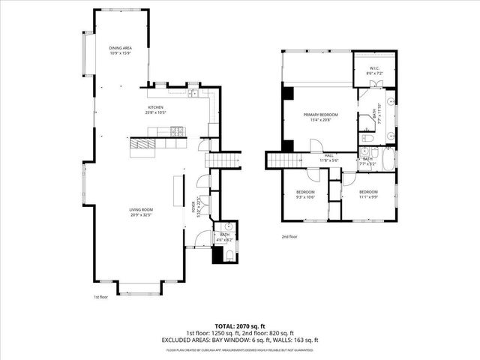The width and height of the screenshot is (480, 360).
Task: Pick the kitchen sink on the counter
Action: (x=193, y=93)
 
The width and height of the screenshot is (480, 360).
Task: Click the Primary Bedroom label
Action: (x=320, y=116)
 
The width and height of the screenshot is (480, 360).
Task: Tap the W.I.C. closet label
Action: (x=375, y=70)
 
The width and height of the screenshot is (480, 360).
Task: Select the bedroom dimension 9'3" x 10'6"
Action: (x=304, y=197)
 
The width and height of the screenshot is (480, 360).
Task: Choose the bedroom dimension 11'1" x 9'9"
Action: (x=367, y=197)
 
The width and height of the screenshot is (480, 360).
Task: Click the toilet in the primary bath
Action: (x=367, y=139)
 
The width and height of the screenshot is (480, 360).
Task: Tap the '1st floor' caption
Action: (x=102, y=297)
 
